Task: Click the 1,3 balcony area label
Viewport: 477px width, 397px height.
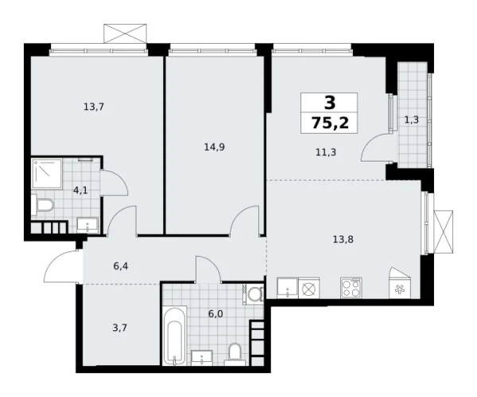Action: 412,120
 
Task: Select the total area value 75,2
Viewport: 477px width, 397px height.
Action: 328,123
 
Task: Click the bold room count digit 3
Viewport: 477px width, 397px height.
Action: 328,102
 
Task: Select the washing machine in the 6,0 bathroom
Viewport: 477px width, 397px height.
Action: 254,295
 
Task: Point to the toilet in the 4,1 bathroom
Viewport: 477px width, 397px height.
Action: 45,207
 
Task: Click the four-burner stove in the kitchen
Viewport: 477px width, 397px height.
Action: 351,288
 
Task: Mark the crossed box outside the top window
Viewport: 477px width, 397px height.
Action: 126,34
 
